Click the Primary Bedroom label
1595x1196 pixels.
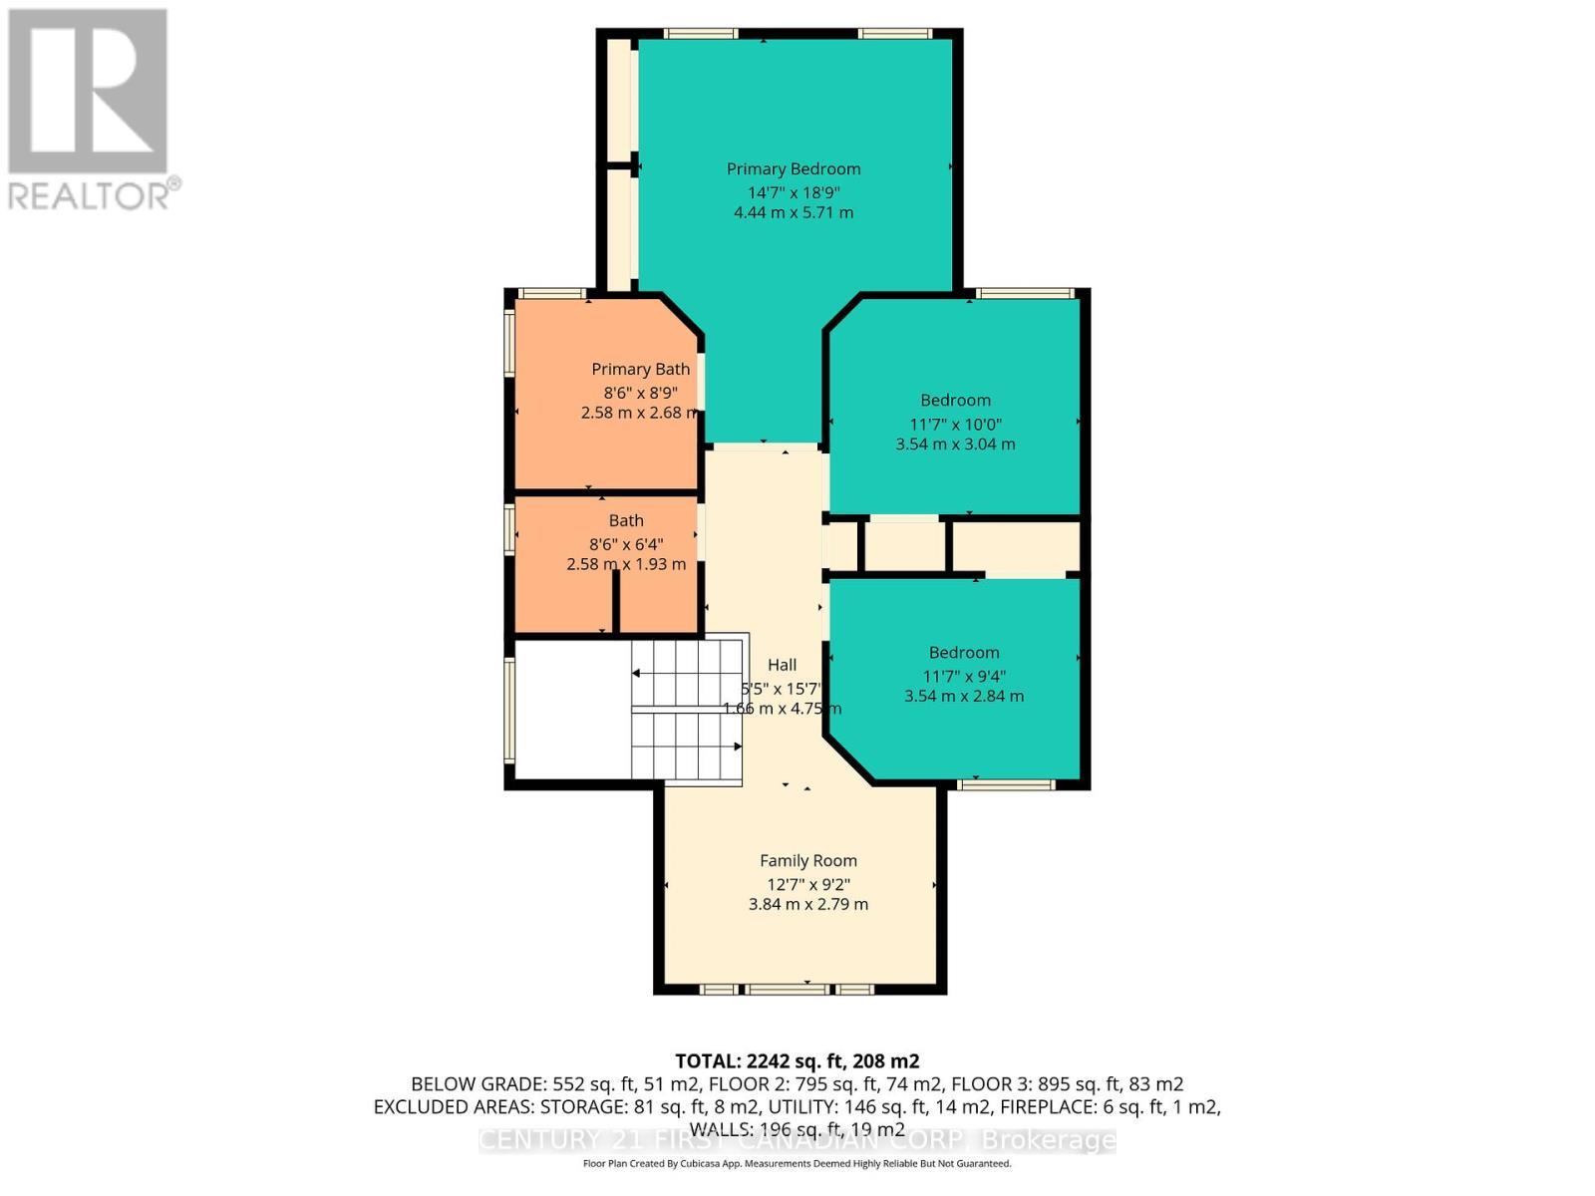pos(794,169)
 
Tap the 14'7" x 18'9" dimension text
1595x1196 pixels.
pos(794,191)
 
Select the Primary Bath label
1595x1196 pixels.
pos(640,370)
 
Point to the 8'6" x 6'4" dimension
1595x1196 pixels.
pos(626,544)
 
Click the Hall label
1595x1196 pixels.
pos(782,665)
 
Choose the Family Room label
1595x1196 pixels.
pos(807,861)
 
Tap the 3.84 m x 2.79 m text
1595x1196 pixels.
pos(807,905)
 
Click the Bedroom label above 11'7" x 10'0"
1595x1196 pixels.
pos(955,401)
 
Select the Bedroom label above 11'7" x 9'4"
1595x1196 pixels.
pos(963,653)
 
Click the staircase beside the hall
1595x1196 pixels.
pos(688,710)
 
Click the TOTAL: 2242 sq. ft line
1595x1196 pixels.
pos(797,1061)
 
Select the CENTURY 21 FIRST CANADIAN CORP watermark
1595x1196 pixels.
pos(797,1140)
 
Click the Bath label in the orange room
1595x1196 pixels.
pos(626,521)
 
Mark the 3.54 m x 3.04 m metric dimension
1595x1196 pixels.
pos(955,445)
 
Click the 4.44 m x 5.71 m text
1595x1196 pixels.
pos(794,213)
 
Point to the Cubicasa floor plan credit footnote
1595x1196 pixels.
pos(797,1164)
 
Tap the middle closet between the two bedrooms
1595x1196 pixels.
pos(903,545)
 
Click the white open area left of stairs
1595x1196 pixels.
pos(571,710)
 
